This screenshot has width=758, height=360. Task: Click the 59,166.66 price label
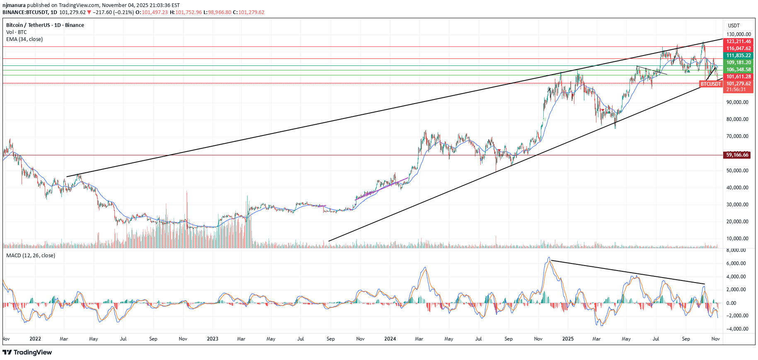point(737,155)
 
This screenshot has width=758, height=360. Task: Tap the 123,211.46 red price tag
point(739,41)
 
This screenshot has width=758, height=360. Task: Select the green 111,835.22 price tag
point(739,56)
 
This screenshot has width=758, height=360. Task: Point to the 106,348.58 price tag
point(739,70)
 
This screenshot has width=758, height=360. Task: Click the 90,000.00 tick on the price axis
point(737,102)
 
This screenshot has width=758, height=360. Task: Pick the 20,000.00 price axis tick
point(737,222)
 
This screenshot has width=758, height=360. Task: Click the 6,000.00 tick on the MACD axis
point(736,263)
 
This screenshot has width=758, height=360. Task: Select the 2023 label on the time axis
point(212,339)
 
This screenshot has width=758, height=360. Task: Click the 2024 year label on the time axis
point(390,339)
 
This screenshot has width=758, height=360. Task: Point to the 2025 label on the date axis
point(568,339)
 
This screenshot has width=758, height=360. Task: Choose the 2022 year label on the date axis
point(35,339)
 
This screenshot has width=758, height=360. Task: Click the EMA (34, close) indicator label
point(24,39)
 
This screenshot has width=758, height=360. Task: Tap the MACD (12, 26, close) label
point(31,256)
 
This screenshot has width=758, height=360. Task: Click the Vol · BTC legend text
point(17,32)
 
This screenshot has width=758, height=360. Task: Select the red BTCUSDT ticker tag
point(711,84)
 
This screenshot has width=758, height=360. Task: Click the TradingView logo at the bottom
point(27,353)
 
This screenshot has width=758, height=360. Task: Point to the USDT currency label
point(734,26)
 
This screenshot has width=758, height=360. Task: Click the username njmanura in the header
point(14,5)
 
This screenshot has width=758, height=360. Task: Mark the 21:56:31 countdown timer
point(736,89)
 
